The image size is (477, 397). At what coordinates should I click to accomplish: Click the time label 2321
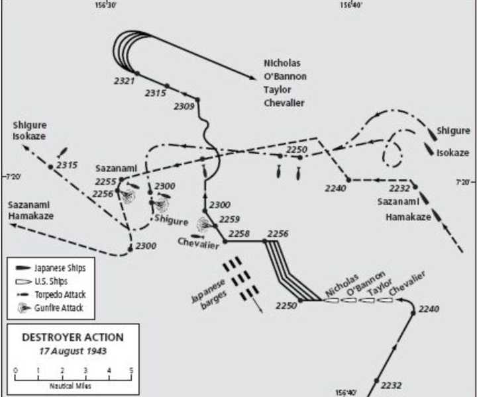(x=124, y=81)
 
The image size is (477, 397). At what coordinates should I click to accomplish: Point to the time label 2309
(x=184, y=107)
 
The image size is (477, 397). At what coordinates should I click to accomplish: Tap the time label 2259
(x=230, y=219)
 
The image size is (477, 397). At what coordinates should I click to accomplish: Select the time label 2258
(x=238, y=234)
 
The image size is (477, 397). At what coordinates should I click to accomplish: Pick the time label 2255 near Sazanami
(x=106, y=182)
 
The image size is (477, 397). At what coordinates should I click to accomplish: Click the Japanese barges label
(x=209, y=294)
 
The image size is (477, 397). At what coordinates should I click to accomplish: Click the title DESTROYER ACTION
(x=73, y=337)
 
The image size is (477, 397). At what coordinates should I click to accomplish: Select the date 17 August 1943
(x=73, y=351)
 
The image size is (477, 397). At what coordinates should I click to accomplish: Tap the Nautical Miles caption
(x=70, y=386)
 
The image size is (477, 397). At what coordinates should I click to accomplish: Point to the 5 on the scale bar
(x=131, y=371)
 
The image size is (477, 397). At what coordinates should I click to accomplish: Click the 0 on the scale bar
(x=15, y=371)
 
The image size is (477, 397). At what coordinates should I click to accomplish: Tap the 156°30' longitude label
(x=106, y=5)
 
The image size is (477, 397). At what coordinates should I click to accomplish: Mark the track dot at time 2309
(x=197, y=100)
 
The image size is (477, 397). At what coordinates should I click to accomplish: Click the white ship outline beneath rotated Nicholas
(x=331, y=300)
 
